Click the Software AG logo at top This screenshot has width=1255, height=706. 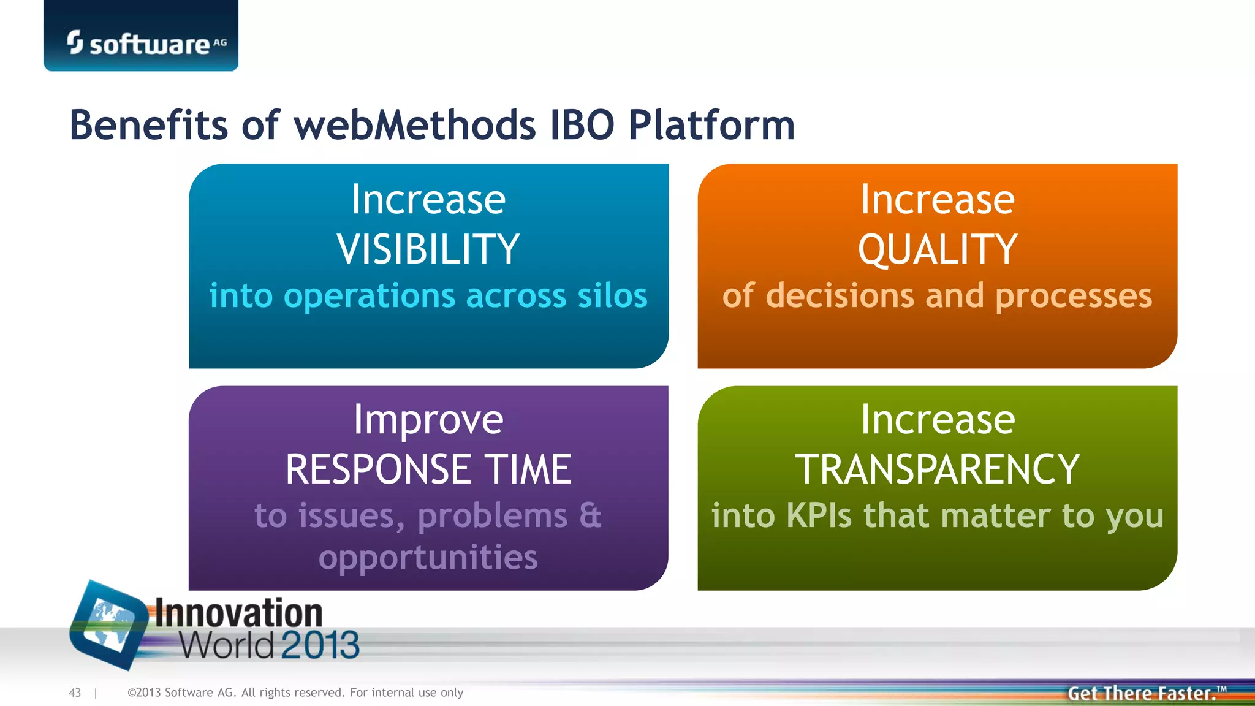(x=146, y=43)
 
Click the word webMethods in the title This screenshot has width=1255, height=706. (x=415, y=125)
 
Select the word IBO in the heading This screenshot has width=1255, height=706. (x=582, y=125)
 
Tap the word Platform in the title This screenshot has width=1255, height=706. (x=711, y=125)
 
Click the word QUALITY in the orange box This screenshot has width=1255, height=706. (x=938, y=250)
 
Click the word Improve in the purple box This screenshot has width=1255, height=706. (x=428, y=421)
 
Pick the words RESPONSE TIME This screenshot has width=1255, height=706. (x=428, y=469)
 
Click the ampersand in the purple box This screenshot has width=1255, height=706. (x=590, y=515)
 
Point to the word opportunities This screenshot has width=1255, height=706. (x=428, y=558)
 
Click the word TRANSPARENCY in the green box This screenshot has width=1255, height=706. (x=938, y=469)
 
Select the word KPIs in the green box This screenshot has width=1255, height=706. (x=819, y=515)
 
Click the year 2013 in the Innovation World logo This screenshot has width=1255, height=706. (x=320, y=645)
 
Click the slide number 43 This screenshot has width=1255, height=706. (x=75, y=693)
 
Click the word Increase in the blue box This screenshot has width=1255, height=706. (x=428, y=200)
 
